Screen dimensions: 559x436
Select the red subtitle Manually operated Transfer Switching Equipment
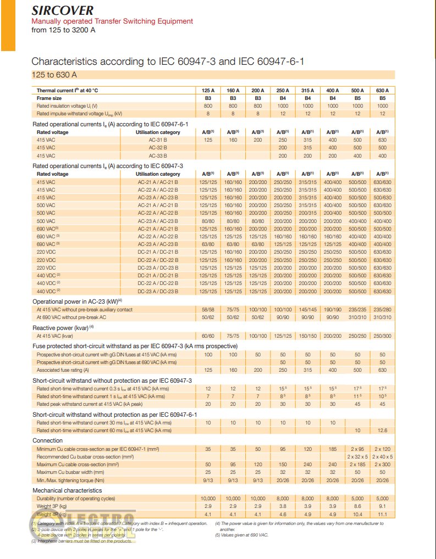(x=112, y=21)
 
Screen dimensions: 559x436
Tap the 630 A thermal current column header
(x=383, y=90)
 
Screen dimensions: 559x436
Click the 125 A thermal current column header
(x=208, y=90)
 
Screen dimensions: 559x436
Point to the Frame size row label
(x=49, y=98)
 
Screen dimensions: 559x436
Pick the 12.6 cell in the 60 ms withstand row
(x=383, y=431)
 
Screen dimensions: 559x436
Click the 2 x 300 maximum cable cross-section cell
(x=383, y=465)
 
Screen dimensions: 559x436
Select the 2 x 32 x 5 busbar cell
(x=357, y=457)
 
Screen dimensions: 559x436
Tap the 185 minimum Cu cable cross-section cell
(x=333, y=449)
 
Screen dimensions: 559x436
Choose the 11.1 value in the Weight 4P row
(x=383, y=514)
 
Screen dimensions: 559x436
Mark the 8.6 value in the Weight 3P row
(x=357, y=506)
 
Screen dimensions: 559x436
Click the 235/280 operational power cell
(x=383, y=309)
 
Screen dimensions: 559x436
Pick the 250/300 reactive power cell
(x=383, y=336)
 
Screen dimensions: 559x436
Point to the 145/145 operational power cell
(x=308, y=309)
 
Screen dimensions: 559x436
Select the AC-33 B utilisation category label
(x=157, y=155)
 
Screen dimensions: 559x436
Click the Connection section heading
(x=47, y=440)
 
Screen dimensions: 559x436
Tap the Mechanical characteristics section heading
(x=67, y=490)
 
